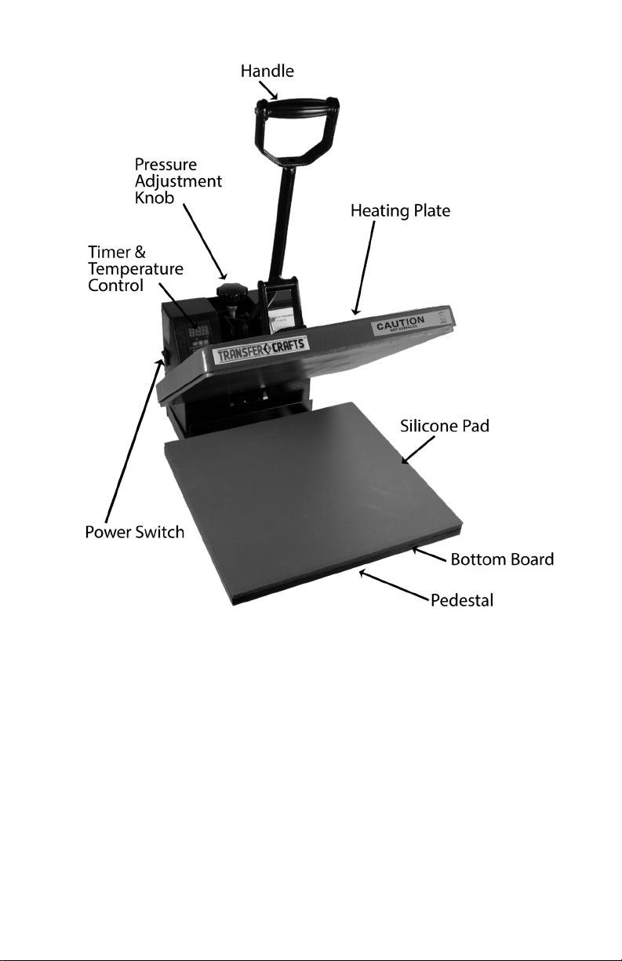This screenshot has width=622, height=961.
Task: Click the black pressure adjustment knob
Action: [x=230, y=293]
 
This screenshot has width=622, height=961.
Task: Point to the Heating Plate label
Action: [x=400, y=212]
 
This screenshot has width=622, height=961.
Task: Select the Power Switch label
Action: [x=134, y=533]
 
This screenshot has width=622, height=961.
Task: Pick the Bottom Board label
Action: [x=502, y=559]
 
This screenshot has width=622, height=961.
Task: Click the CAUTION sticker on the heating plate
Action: [x=400, y=323]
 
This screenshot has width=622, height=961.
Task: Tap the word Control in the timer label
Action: [x=115, y=286]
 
